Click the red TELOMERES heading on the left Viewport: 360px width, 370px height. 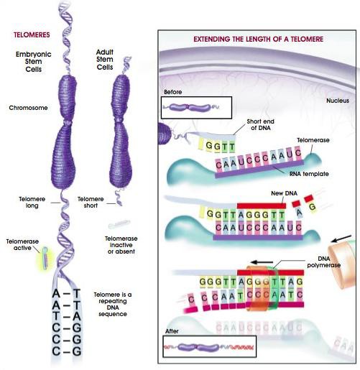coord(32,34)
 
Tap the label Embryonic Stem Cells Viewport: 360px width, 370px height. coord(34,62)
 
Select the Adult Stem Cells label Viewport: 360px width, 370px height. coord(105,60)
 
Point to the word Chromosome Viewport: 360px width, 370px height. coord(28,108)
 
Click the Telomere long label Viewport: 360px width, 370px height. coord(32,202)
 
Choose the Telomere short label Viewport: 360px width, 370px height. coord(91,202)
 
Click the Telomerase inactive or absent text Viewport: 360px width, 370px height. coord(121,245)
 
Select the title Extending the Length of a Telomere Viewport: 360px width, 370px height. coord(258,39)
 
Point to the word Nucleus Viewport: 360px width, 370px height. coord(338,101)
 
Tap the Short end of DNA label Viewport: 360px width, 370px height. coord(261,124)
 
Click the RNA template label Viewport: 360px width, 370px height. coord(309,174)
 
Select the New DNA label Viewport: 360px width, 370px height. coord(284,193)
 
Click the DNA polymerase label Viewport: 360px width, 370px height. coord(324,262)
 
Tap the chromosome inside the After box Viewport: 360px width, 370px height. coord(199,347)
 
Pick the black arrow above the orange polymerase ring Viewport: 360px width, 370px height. coord(262,262)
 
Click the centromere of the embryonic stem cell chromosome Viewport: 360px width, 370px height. coord(68,123)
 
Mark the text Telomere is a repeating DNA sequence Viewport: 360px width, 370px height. coord(113,304)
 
